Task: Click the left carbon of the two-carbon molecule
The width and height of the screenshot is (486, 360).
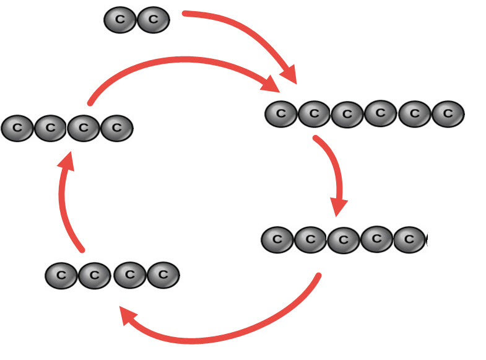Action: pos(119,20)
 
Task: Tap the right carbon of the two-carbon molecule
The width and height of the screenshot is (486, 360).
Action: pos(153,20)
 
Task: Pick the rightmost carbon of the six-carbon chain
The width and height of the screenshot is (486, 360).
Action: pos(448,114)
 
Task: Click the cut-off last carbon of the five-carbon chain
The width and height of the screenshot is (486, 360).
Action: pos(412,239)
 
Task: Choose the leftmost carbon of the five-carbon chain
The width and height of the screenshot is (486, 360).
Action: pos(277,240)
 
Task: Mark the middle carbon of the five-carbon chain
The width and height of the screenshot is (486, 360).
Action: pos(344,240)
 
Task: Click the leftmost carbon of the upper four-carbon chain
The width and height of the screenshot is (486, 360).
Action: pos(17,128)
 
